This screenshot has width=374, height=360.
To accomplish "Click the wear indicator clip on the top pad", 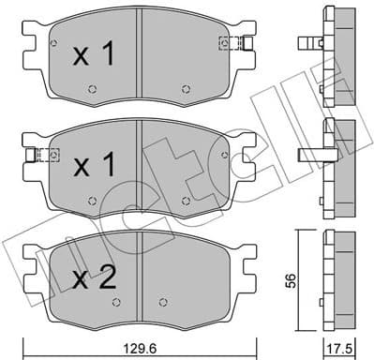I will click(x=230, y=42).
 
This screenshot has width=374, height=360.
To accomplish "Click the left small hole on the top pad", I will click(x=92, y=90).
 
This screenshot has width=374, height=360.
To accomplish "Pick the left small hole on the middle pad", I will click(x=92, y=199).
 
